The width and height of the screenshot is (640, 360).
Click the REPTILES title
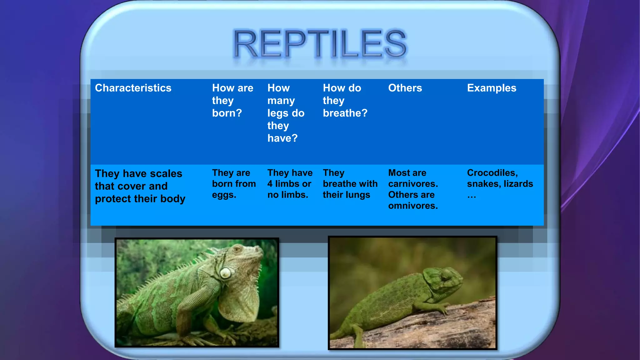(x=320, y=44)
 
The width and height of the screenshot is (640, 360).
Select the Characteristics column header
(x=133, y=88)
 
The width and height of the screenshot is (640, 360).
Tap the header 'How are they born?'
(x=232, y=100)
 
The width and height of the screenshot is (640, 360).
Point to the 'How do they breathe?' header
(x=345, y=100)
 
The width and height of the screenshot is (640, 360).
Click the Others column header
(x=405, y=88)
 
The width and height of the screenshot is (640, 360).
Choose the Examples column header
(x=492, y=88)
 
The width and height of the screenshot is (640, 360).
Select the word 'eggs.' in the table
(x=224, y=195)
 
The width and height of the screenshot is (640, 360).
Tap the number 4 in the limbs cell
(x=270, y=184)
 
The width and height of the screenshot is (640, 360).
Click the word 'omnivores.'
(x=413, y=206)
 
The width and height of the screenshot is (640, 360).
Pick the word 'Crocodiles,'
(x=492, y=173)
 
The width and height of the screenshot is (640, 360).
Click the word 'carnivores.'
(x=413, y=184)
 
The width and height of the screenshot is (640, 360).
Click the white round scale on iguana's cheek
(x=225, y=273)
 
